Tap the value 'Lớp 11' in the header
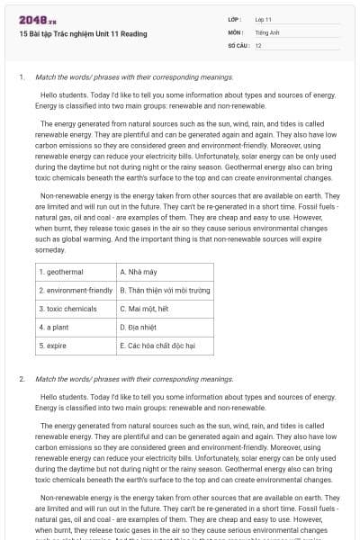[264, 19]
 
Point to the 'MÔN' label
[235, 31]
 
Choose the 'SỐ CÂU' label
[238, 44]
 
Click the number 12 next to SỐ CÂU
[258, 44]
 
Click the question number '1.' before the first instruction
[22, 77]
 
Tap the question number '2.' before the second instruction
[22, 379]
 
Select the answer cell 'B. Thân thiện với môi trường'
[165, 290]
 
